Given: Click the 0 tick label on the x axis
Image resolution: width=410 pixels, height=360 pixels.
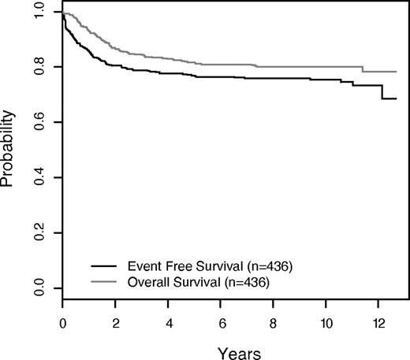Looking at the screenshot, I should click(62, 322).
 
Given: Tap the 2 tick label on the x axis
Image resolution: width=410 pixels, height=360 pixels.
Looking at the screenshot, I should click(115, 322).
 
